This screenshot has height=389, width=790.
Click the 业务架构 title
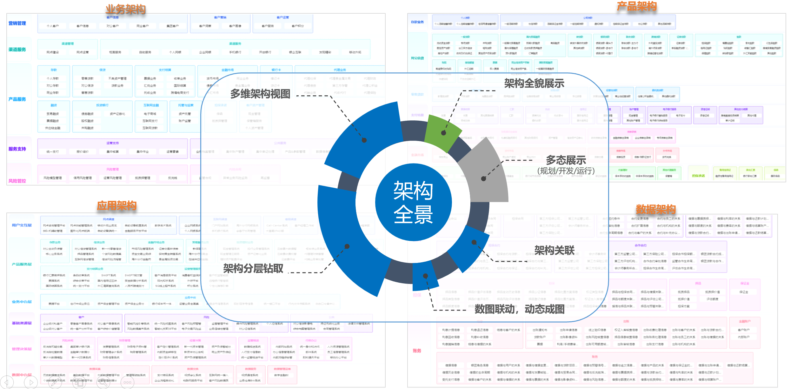(125, 9)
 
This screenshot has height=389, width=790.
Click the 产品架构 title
(636, 6)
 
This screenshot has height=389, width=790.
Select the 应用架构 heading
(116, 206)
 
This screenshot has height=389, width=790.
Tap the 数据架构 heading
(655, 209)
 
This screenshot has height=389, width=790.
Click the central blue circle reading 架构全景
(413, 202)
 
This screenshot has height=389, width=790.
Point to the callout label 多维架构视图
(260, 94)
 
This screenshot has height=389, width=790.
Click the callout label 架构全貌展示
(534, 84)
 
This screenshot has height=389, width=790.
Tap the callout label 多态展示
(566, 160)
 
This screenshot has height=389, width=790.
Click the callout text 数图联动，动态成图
(519, 309)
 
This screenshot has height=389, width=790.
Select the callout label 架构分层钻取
(253, 269)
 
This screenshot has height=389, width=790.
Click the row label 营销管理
(17, 23)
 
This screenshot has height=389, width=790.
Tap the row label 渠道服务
(17, 50)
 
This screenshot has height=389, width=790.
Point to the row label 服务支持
(17, 149)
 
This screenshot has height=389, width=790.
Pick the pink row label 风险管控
(17, 181)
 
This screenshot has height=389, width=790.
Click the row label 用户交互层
(22, 225)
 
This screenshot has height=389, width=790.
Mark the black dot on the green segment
(443, 133)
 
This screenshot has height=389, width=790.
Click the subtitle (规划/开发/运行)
(566, 171)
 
